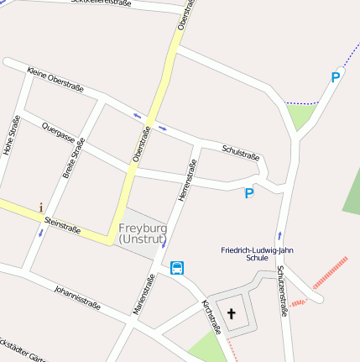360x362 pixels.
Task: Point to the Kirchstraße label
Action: pyautogui.click(x=210, y=316)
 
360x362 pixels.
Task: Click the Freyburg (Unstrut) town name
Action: pyautogui.click(x=143, y=233)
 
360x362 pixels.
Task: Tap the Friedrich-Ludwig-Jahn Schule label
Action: pyautogui.click(x=258, y=254)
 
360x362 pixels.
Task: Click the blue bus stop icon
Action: pyautogui.click(x=177, y=268)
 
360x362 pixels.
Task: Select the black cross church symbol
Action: pyautogui.click(x=232, y=315)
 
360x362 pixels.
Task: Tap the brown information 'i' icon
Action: pyautogui.click(x=40, y=207)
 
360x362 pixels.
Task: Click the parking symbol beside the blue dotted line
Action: pyautogui.click(x=336, y=78)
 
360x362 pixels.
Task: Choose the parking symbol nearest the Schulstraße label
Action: pyautogui.click(x=248, y=193)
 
